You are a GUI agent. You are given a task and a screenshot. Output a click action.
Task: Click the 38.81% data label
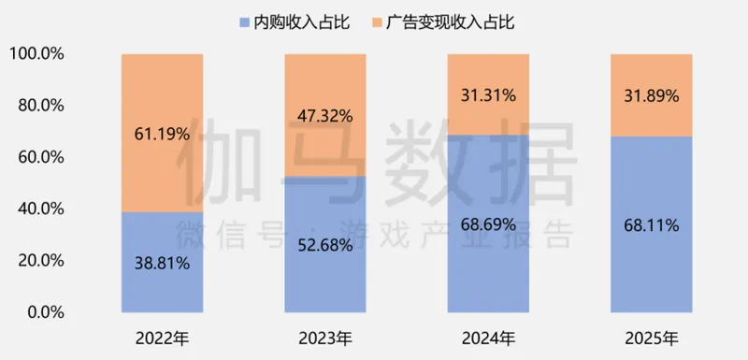coord(163,264)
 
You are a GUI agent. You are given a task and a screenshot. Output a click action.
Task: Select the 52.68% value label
coord(325,246)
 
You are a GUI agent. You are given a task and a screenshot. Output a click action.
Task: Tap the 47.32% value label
coord(325,117)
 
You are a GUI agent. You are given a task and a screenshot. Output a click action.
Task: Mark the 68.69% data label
coord(488,225)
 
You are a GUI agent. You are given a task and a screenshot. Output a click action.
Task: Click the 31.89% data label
coord(651,95)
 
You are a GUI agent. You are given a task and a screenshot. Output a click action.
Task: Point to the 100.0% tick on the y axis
coord(36,54)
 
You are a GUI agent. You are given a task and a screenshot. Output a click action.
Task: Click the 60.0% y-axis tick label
coord(41,157)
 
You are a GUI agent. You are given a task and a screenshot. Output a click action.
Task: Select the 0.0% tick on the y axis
coord(45,311)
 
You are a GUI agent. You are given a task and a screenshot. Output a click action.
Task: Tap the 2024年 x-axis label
coord(488,337)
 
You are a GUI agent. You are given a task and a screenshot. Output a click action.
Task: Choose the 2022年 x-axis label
coord(163,337)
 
